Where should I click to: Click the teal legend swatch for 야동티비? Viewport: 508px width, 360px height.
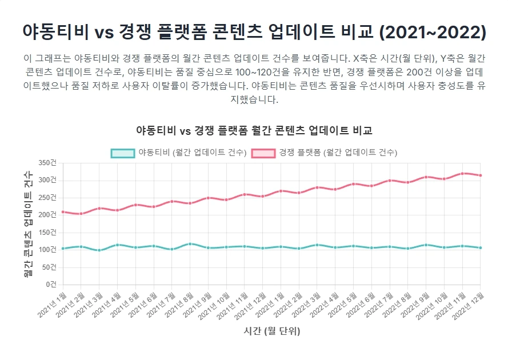point(123,153)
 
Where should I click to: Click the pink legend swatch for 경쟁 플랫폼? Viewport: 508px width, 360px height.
point(264,153)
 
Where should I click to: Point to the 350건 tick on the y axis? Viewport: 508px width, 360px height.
point(49,163)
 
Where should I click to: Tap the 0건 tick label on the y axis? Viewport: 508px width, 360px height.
point(51,284)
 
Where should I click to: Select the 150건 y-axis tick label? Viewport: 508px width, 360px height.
point(49,232)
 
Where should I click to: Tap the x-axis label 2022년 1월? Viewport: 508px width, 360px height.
point(271,304)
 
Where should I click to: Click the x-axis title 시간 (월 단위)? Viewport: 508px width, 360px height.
point(271,331)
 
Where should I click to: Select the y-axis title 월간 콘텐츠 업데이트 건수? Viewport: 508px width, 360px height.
point(28,223)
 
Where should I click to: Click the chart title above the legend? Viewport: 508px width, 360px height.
point(254,130)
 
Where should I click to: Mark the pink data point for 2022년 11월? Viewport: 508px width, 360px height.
point(462,173)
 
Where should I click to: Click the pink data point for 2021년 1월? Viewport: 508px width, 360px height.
point(63,212)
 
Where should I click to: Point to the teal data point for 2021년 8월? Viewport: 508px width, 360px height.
point(190,243)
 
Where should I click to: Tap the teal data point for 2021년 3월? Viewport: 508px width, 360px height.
point(99,250)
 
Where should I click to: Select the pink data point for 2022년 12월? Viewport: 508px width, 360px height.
point(480,175)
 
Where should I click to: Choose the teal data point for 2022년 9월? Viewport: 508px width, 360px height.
point(426,245)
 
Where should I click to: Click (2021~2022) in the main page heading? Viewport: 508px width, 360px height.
point(433,32)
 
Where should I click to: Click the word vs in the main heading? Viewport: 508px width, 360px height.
point(104,32)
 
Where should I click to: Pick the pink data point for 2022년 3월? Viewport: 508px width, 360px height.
point(317,187)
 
